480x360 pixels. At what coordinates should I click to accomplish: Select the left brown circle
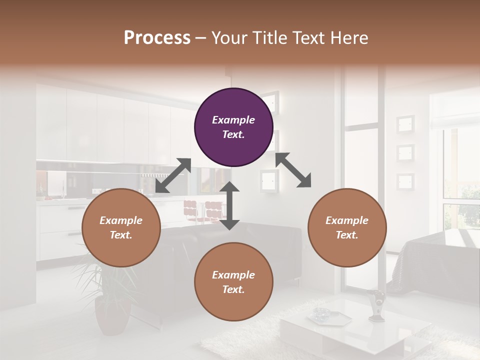point(121,227)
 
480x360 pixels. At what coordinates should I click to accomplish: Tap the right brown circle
point(347,227)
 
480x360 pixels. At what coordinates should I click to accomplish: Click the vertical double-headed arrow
point(230,205)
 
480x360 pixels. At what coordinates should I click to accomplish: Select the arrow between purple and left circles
point(173,175)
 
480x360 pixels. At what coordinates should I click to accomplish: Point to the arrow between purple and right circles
point(293,170)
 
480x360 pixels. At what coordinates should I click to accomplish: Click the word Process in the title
point(157,37)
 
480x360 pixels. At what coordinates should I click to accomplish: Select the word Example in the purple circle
point(233,120)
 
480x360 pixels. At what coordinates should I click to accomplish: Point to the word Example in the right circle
point(347,220)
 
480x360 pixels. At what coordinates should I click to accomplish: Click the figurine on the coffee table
point(376,304)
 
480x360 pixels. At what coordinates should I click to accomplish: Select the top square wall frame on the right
point(405,123)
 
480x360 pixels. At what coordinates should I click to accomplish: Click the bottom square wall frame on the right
point(405,181)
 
